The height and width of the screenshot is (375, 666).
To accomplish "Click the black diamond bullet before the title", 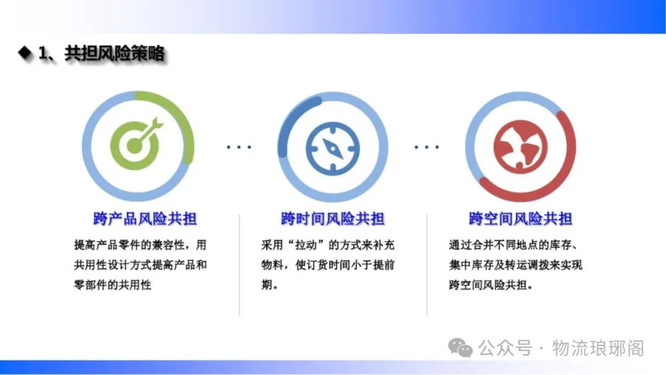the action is coord(25,52).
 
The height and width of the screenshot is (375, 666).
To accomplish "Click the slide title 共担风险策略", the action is coord(114,54).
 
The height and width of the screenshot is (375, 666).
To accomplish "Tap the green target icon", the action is coord(136,143).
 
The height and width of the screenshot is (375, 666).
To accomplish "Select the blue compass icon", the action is coord(332,149).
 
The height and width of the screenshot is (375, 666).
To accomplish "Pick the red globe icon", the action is coord(520,147).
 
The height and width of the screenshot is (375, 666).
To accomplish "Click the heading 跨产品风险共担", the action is coord(145,219).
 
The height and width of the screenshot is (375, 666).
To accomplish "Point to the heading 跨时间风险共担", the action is coord(332,219).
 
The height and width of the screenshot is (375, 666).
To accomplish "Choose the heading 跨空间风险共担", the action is coord(520,219).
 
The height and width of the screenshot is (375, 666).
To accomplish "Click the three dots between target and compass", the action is coord(239,147).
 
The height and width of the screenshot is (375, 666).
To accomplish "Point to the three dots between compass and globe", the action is coord(427,147).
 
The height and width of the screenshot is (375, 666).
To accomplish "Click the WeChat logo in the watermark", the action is coord(461,348).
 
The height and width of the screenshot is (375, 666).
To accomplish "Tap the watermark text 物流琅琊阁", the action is coord(598,348).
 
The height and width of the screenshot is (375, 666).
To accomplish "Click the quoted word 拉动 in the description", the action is coord(306,245).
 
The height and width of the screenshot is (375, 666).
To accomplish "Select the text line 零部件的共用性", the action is coord(113,284).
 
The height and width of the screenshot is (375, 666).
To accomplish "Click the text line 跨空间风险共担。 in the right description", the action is coord(491,284).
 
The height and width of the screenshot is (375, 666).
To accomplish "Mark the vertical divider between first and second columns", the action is coord(239,265).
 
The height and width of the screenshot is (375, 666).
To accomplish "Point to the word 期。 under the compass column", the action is coord(270,284).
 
